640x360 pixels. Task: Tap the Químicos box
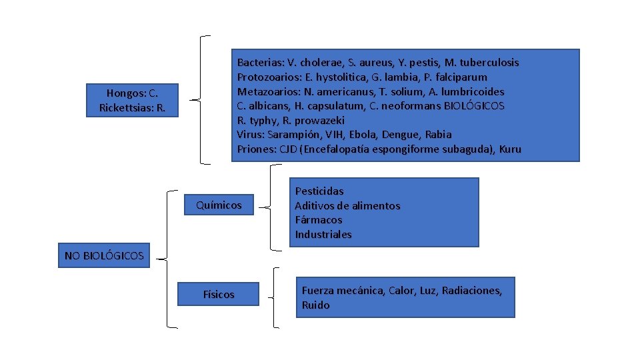(219, 205)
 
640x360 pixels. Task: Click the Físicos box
(219, 294)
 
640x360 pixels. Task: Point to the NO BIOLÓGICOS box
(104, 255)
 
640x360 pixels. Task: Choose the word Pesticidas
(319, 191)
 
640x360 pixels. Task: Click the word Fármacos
(319, 220)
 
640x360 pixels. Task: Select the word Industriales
(323, 235)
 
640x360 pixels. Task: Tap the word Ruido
(315, 305)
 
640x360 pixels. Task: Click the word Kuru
(510, 149)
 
